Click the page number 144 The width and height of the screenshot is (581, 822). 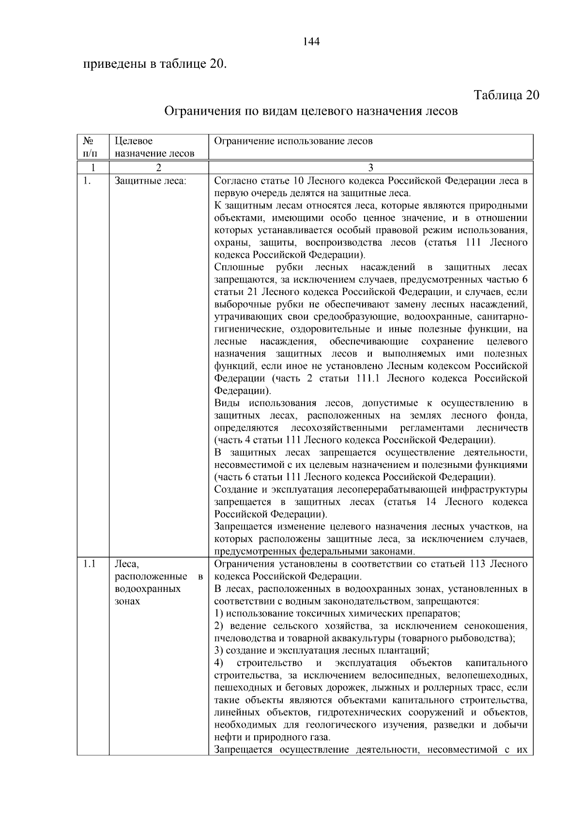[x=311, y=42]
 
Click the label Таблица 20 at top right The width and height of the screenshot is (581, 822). [x=506, y=94]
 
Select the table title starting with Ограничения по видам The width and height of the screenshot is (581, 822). [x=311, y=112]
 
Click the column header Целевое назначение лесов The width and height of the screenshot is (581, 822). [x=154, y=147]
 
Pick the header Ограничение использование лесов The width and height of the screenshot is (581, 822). [x=293, y=141]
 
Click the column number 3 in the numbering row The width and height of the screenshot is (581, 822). [x=370, y=168]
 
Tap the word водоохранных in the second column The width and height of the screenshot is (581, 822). [x=147, y=589]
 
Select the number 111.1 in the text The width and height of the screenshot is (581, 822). [x=367, y=378]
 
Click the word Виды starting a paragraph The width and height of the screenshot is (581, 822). [x=228, y=403]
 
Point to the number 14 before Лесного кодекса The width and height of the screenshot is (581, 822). [x=431, y=502]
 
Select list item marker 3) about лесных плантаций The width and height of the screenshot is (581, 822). [x=219, y=650]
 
